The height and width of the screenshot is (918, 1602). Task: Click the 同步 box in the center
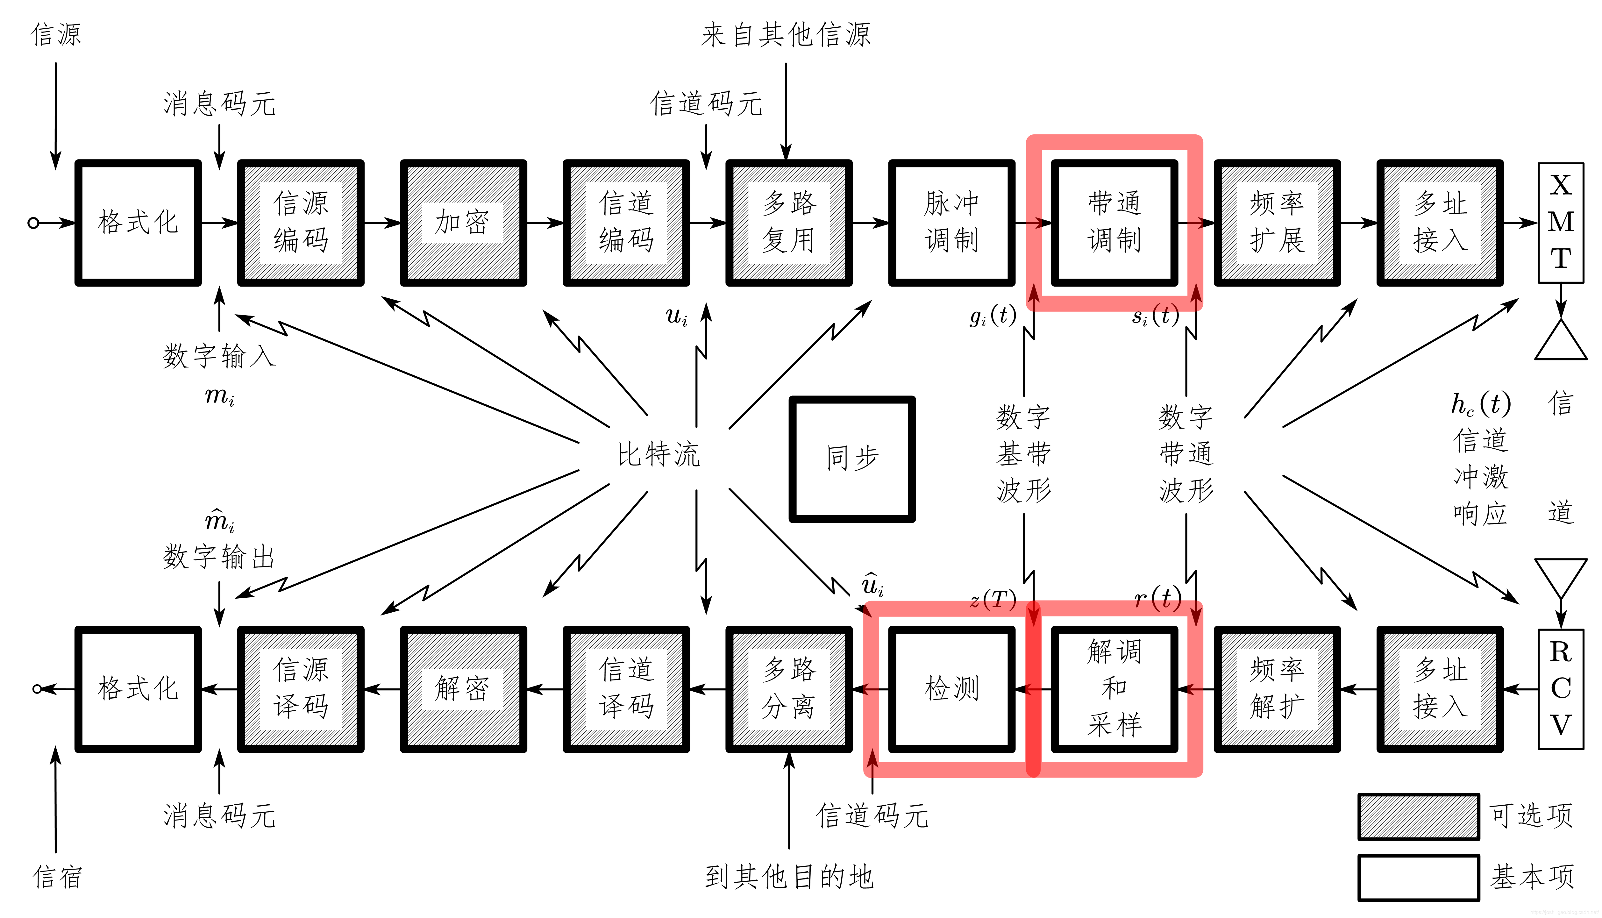(x=852, y=459)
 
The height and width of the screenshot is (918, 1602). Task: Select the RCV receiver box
(x=1560, y=688)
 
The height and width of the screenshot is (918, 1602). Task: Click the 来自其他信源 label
(x=786, y=35)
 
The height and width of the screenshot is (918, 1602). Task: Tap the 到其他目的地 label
(x=789, y=876)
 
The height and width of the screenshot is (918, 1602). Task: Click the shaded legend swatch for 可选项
(x=1418, y=816)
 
